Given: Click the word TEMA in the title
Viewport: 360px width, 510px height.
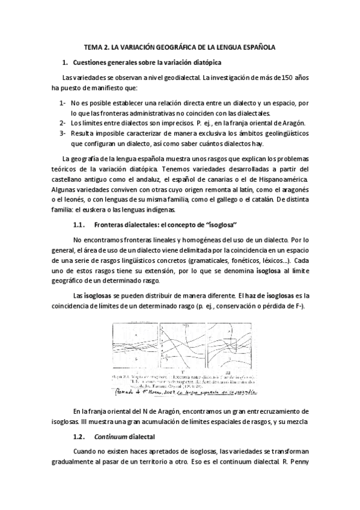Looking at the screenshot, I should (93, 46).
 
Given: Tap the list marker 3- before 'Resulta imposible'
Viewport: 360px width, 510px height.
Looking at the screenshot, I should (62, 133).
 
